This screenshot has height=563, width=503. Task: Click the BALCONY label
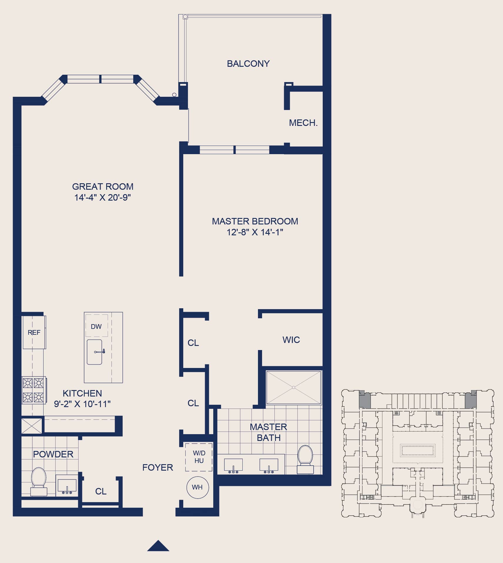point(248,64)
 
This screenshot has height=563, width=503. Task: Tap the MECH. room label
point(303,123)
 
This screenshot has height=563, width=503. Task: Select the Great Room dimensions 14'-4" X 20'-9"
point(102,197)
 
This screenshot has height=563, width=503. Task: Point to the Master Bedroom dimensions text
point(255,232)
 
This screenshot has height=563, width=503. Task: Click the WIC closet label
point(291,340)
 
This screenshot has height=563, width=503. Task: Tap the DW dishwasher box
point(96,326)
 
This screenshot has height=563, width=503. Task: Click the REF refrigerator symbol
point(34,332)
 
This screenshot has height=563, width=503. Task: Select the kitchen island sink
point(94,352)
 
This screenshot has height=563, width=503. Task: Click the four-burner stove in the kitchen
point(34,390)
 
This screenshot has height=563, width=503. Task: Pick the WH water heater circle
point(198,487)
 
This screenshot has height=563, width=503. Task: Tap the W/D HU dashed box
point(199,457)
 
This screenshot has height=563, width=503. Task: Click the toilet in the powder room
point(39,482)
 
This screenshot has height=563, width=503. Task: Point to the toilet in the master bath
point(305,459)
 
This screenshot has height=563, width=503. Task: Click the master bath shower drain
point(294,387)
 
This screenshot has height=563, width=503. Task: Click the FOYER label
point(158,467)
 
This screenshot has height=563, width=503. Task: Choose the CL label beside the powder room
point(101,491)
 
